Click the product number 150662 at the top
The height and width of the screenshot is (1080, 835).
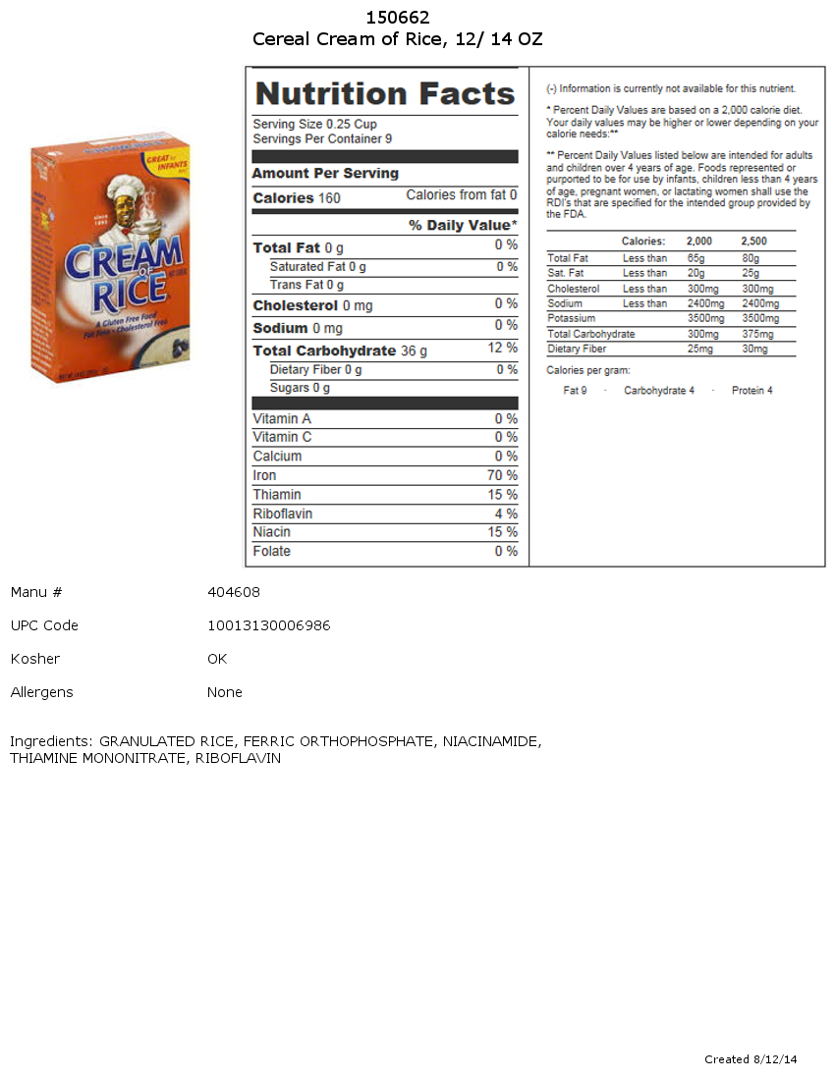(x=398, y=18)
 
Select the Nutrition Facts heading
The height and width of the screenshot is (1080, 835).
(x=385, y=94)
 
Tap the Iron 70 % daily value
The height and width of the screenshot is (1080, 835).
(x=502, y=475)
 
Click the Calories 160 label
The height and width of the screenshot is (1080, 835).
(x=297, y=198)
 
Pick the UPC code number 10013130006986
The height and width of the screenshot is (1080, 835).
(x=268, y=625)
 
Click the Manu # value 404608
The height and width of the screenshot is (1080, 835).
(x=234, y=592)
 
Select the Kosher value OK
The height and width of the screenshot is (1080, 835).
(x=217, y=659)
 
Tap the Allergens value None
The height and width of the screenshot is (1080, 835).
(x=225, y=692)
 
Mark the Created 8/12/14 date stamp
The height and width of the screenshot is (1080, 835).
(x=751, y=1059)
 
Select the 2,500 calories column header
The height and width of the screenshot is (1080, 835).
(x=754, y=242)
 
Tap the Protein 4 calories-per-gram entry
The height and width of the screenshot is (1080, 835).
(x=751, y=391)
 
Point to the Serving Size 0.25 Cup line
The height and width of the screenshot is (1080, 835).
(x=314, y=125)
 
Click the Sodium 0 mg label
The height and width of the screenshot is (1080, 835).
(x=298, y=328)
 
